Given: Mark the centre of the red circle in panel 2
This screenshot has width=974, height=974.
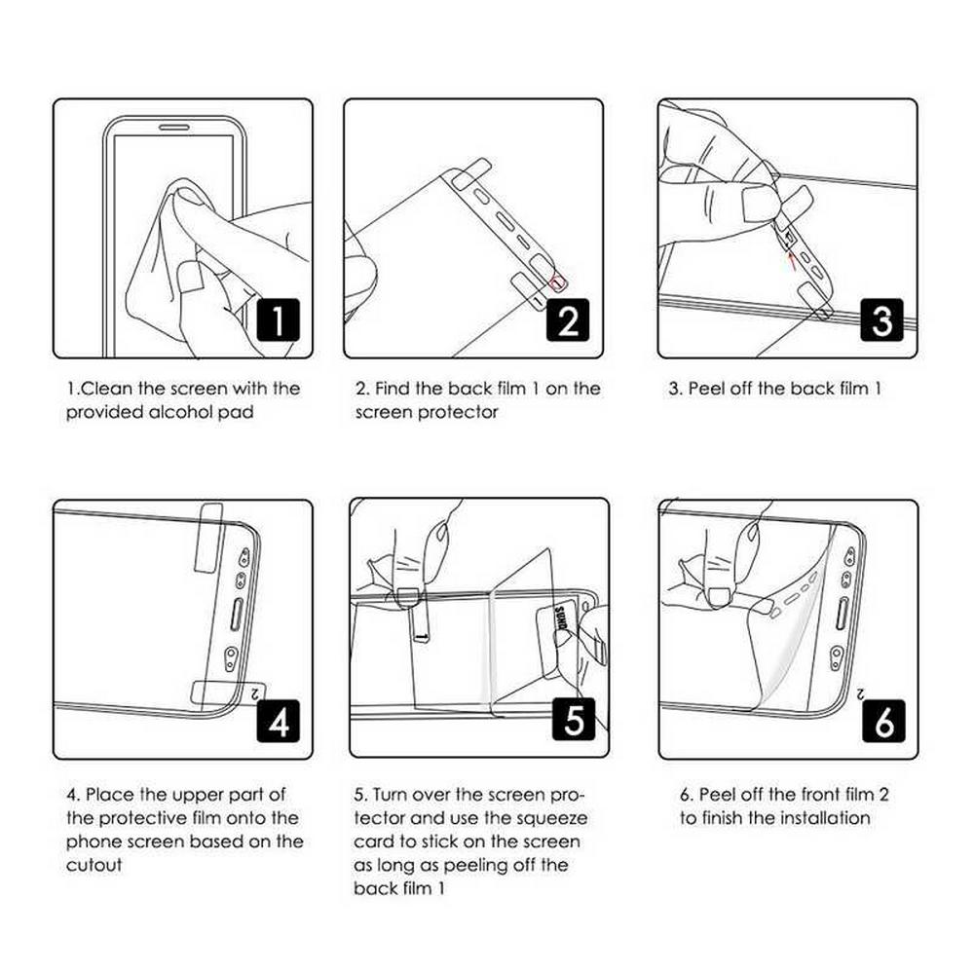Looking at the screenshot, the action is pos(558,283).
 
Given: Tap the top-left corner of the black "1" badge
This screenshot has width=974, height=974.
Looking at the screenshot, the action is pos(258,299).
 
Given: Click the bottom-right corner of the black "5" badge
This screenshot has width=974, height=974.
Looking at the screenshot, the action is pos(595,741).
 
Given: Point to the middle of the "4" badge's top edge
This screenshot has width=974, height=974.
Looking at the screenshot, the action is pos(279,700).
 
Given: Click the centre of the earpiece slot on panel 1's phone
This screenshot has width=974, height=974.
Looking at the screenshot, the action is pos(174,128).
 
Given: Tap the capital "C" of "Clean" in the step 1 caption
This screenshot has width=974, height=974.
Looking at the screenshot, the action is pos(88,389).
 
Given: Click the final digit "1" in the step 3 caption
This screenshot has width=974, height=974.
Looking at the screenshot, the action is pos(878,389).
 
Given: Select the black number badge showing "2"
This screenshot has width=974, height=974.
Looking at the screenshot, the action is pos(568,319).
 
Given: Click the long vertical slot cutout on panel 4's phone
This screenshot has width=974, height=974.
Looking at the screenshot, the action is pos(237,615).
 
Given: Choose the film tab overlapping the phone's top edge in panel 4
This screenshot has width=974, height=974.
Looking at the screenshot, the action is pos(208,539).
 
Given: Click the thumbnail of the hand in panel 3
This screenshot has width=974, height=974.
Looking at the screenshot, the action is pos(759,204).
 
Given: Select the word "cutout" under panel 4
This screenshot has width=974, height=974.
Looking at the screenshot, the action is pos(94,865).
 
